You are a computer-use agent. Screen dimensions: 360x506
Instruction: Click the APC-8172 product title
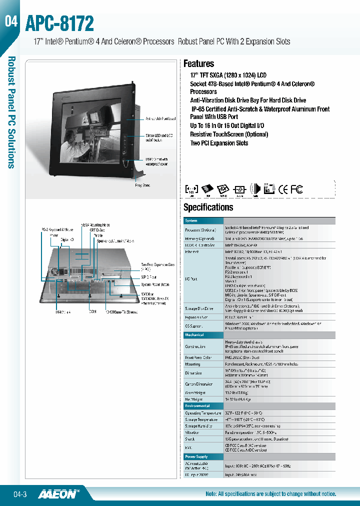coord(59,23)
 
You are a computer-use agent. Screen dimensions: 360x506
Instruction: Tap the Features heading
coord(198,63)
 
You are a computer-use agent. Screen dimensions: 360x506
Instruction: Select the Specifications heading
coord(208,207)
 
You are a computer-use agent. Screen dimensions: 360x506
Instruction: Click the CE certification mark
coord(283,189)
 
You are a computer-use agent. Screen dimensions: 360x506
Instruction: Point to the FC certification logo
coord(297,189)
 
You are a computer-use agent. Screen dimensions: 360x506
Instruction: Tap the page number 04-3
coord(19,494)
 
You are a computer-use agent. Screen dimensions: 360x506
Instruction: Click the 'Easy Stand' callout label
coord(143,185)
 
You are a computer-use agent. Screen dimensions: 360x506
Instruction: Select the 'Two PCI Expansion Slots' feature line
coord(219,143)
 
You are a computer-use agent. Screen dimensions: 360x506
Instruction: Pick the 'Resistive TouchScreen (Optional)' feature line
coord(229,134)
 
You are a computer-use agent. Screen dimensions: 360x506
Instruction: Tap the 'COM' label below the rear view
coord(93,312)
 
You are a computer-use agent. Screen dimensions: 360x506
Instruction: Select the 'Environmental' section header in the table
coord(197,405)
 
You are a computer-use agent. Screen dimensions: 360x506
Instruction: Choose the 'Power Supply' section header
coord(196,456)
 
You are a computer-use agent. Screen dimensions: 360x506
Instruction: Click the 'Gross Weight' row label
coord(195,392)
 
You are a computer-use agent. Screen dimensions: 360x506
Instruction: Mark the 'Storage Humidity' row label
coord(199,426)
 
